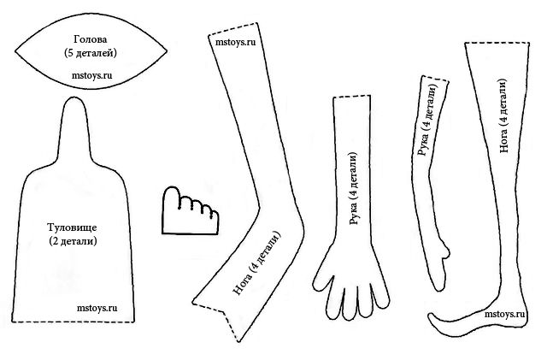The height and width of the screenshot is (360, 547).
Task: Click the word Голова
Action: [x=90, y=39]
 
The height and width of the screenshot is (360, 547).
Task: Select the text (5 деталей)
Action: [x=91, y=53]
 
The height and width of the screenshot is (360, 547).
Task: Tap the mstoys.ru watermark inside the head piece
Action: [x=92, y=75]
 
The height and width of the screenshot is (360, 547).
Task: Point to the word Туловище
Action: [x=72, y=228]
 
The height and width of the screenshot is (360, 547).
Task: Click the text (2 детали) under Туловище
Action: [x=73, y=241]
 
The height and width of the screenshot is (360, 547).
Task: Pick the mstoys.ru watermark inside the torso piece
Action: [x=97, y=308]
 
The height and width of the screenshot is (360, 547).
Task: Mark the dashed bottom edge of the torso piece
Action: [x=73, y=322]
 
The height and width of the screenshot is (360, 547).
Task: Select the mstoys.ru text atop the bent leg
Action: [x=236, y=42]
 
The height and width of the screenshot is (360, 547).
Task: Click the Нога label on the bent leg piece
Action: [x=257, y=263]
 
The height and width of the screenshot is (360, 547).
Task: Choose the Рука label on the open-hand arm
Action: [x=354, y=189]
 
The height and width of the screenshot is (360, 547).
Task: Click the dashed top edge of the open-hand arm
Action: [x=351, y=97]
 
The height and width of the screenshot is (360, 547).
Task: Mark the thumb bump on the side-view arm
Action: [x=445, y=250]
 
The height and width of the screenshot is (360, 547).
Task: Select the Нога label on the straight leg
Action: [x=503, y=115]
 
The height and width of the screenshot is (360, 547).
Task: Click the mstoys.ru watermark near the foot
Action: [x=504, y=314]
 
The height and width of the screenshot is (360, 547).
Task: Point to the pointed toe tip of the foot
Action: [x=430, y=315]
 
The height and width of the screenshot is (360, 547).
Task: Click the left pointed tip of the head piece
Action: [x=15, y=53]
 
